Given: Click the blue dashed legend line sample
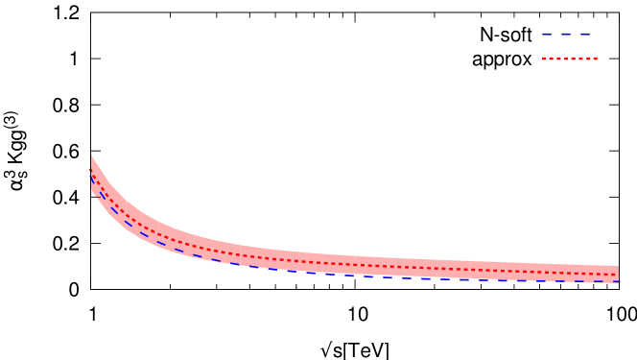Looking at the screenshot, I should (566, 34).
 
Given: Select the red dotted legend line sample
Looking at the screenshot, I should (570, 59).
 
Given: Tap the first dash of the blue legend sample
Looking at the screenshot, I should (547, 34).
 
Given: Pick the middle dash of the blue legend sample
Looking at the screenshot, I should (566, 34).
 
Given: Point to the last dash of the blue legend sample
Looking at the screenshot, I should (585, 34).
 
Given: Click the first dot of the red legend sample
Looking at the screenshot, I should (544, 59).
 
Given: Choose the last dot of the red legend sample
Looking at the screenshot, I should (596, 59).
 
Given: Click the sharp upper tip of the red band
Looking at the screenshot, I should (92, 154).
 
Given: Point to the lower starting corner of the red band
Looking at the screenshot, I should (92, 192).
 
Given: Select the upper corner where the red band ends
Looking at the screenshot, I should (619, 266).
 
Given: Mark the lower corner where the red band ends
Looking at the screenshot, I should (619, 282).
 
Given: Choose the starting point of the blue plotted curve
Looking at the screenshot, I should (91, 171).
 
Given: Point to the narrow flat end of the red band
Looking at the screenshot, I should (619, 275).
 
